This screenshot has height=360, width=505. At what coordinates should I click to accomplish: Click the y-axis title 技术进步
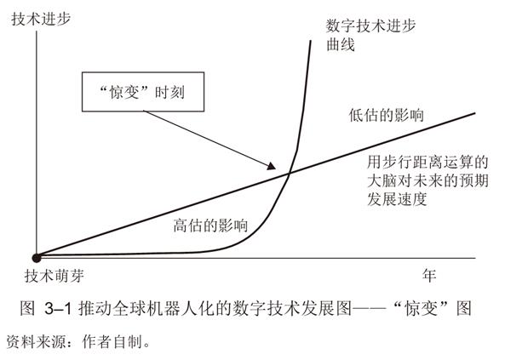(x=41, y=19)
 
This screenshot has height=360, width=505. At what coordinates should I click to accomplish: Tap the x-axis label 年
(x=429, y=276)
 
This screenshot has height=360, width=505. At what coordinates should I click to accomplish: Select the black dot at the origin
(x=37, y=258)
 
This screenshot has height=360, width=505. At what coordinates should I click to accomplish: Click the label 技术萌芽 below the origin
(x=55, y=276)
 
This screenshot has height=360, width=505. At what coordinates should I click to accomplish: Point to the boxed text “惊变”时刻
(x=143, y=93)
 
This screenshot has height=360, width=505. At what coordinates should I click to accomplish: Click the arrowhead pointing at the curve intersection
(x=272, y=166)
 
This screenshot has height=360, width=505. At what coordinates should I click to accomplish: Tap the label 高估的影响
(x=210, y=225)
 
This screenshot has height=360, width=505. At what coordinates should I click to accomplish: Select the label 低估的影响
(x=386, y=115)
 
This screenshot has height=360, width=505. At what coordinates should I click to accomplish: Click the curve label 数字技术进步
(x=370, y=26)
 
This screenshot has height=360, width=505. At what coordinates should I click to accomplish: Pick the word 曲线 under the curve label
(x=341, y=44)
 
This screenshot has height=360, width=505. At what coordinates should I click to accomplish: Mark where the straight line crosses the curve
(x=289, y=174)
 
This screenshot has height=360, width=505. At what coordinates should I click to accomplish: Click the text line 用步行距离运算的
(x=428, y=162)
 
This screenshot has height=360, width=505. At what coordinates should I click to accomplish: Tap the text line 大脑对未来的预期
(x=428, y=180)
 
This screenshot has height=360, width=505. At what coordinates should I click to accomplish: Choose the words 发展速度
(x=397, y=199)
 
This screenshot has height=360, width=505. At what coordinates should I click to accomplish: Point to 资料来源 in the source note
(x=36, y=341)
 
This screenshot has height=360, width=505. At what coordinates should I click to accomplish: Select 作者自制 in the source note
(x=112, y=341)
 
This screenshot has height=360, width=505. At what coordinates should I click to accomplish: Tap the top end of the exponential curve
(x=311, y=41)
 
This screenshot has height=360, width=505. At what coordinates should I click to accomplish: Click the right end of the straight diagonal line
(x=475, y=113)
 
